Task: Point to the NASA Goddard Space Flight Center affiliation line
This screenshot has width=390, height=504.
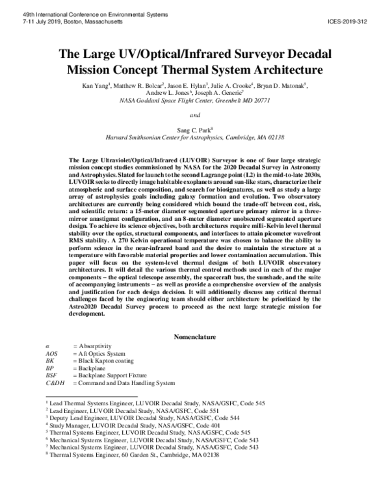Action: click(x=194, y=101)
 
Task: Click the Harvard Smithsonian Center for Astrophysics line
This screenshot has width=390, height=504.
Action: click(x=194, y=138)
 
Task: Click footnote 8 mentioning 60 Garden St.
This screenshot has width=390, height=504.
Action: click(x=130, y=455)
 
